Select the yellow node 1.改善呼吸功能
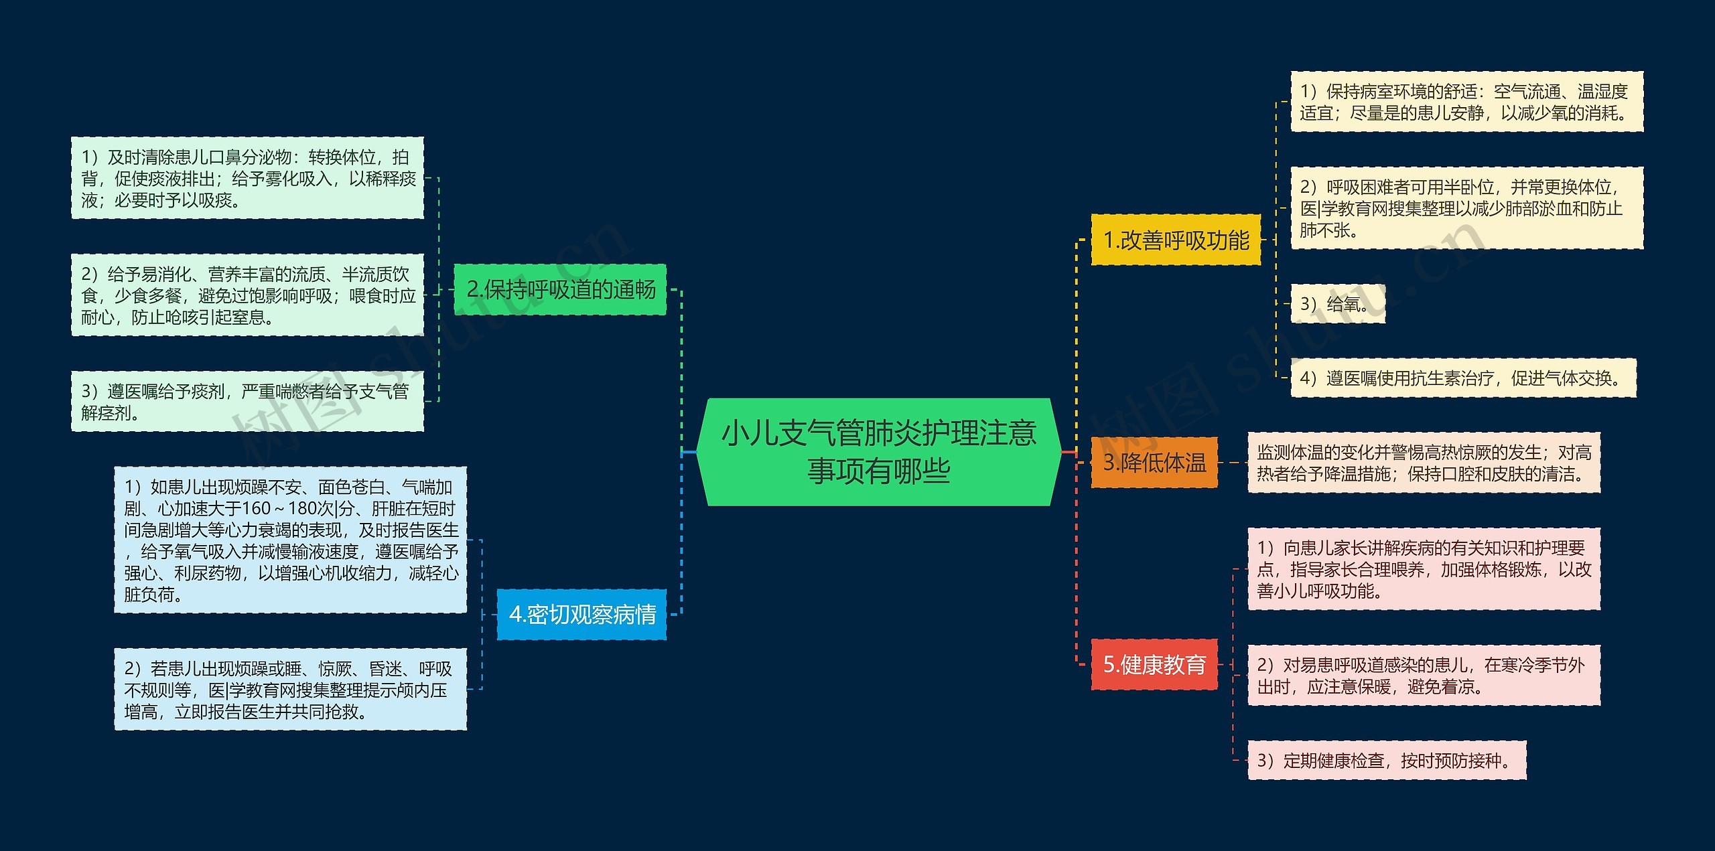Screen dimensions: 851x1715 [1176, 240]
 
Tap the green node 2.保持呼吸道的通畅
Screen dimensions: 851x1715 [560, 289]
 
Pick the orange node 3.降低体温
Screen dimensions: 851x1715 [1154, 462]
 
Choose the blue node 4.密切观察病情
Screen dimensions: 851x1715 [581, 614]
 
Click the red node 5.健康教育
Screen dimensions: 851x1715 [1154, 664]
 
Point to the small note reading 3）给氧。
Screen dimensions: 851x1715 [1336, 304]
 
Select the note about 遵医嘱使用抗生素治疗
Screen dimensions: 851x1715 [1462, 378]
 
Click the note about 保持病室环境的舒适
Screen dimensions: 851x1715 [1466, 102]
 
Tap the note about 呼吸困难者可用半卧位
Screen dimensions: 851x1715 [1466, 208]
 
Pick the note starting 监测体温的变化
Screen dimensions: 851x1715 [1423, 463]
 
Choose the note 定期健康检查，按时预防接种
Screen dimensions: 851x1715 [1386, 760]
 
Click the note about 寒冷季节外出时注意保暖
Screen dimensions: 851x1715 [1423, 676]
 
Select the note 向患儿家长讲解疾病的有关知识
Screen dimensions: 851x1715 [1423, 569]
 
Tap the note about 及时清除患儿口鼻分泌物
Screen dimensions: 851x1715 [247, 178]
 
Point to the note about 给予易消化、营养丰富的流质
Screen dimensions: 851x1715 [247, 295]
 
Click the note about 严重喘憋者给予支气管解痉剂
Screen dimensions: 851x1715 [247, 402]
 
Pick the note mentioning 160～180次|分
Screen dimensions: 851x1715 [290, 540]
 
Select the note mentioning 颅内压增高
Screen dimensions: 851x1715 [290, 689]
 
